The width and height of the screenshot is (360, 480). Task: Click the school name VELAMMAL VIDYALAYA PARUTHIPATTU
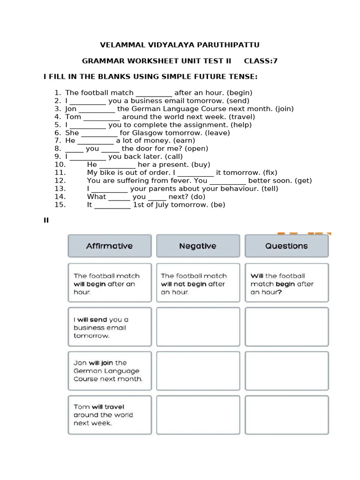180,45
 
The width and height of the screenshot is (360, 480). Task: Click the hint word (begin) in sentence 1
239,93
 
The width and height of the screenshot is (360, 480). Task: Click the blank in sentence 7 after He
96,141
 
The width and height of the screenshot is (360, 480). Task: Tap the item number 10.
60,165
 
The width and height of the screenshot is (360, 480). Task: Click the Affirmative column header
109,246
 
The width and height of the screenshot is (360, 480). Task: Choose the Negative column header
198,246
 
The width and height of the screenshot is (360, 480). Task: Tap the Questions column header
286,246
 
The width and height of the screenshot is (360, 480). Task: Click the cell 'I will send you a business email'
109,327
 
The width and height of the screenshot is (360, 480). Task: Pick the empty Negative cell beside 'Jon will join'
198,371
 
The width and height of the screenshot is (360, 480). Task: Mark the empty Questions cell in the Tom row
286,415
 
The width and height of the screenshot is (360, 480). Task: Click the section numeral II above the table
46,220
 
